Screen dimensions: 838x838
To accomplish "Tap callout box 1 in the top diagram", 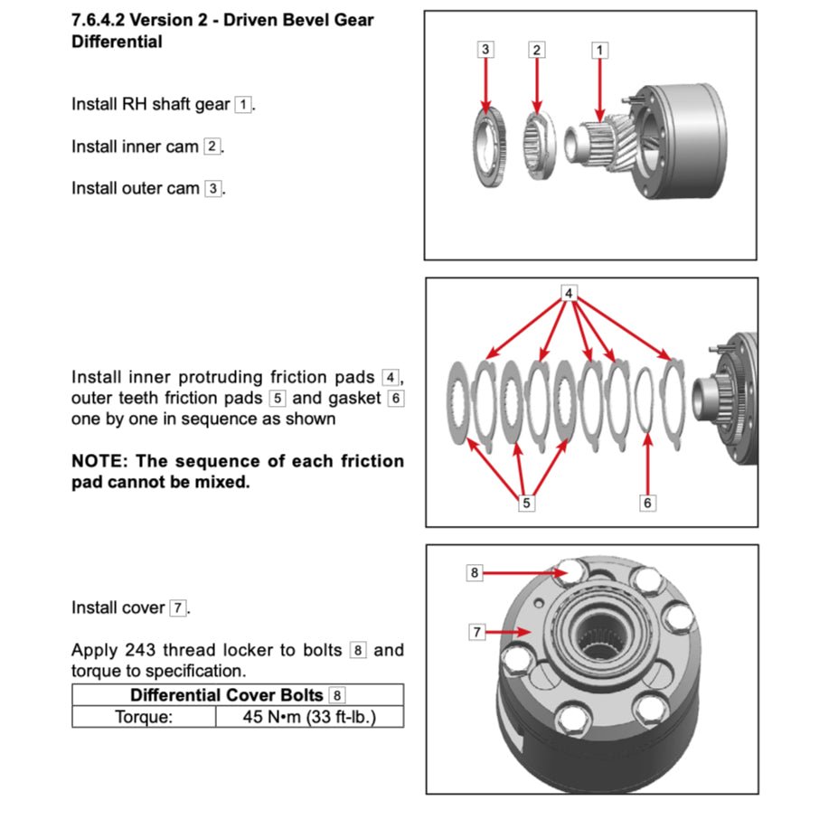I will [x=599, y=50].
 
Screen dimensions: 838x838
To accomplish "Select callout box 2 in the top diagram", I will [x=537, y=50].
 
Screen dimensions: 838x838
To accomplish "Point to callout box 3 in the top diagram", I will [x=486, y=50].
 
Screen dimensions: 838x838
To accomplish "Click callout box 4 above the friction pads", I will [x=569, y=293].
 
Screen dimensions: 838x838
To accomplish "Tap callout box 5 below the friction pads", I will [x=526, y=504].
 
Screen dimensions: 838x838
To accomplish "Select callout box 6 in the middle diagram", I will [x=647, y=504].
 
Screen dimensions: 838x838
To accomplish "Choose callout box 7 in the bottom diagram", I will [x=476, y=632].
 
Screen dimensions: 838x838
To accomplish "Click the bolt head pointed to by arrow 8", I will [x=570, y=571].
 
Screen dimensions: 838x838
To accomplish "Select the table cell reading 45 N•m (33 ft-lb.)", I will [x=309, y=717].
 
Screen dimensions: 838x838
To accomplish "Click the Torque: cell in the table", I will [x=144, y=717].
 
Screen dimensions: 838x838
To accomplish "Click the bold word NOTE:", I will [x=99, y=461].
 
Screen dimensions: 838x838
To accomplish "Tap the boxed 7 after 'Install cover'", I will [x=178, y=608].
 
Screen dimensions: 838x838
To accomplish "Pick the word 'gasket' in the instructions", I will [x=356, y=398].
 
